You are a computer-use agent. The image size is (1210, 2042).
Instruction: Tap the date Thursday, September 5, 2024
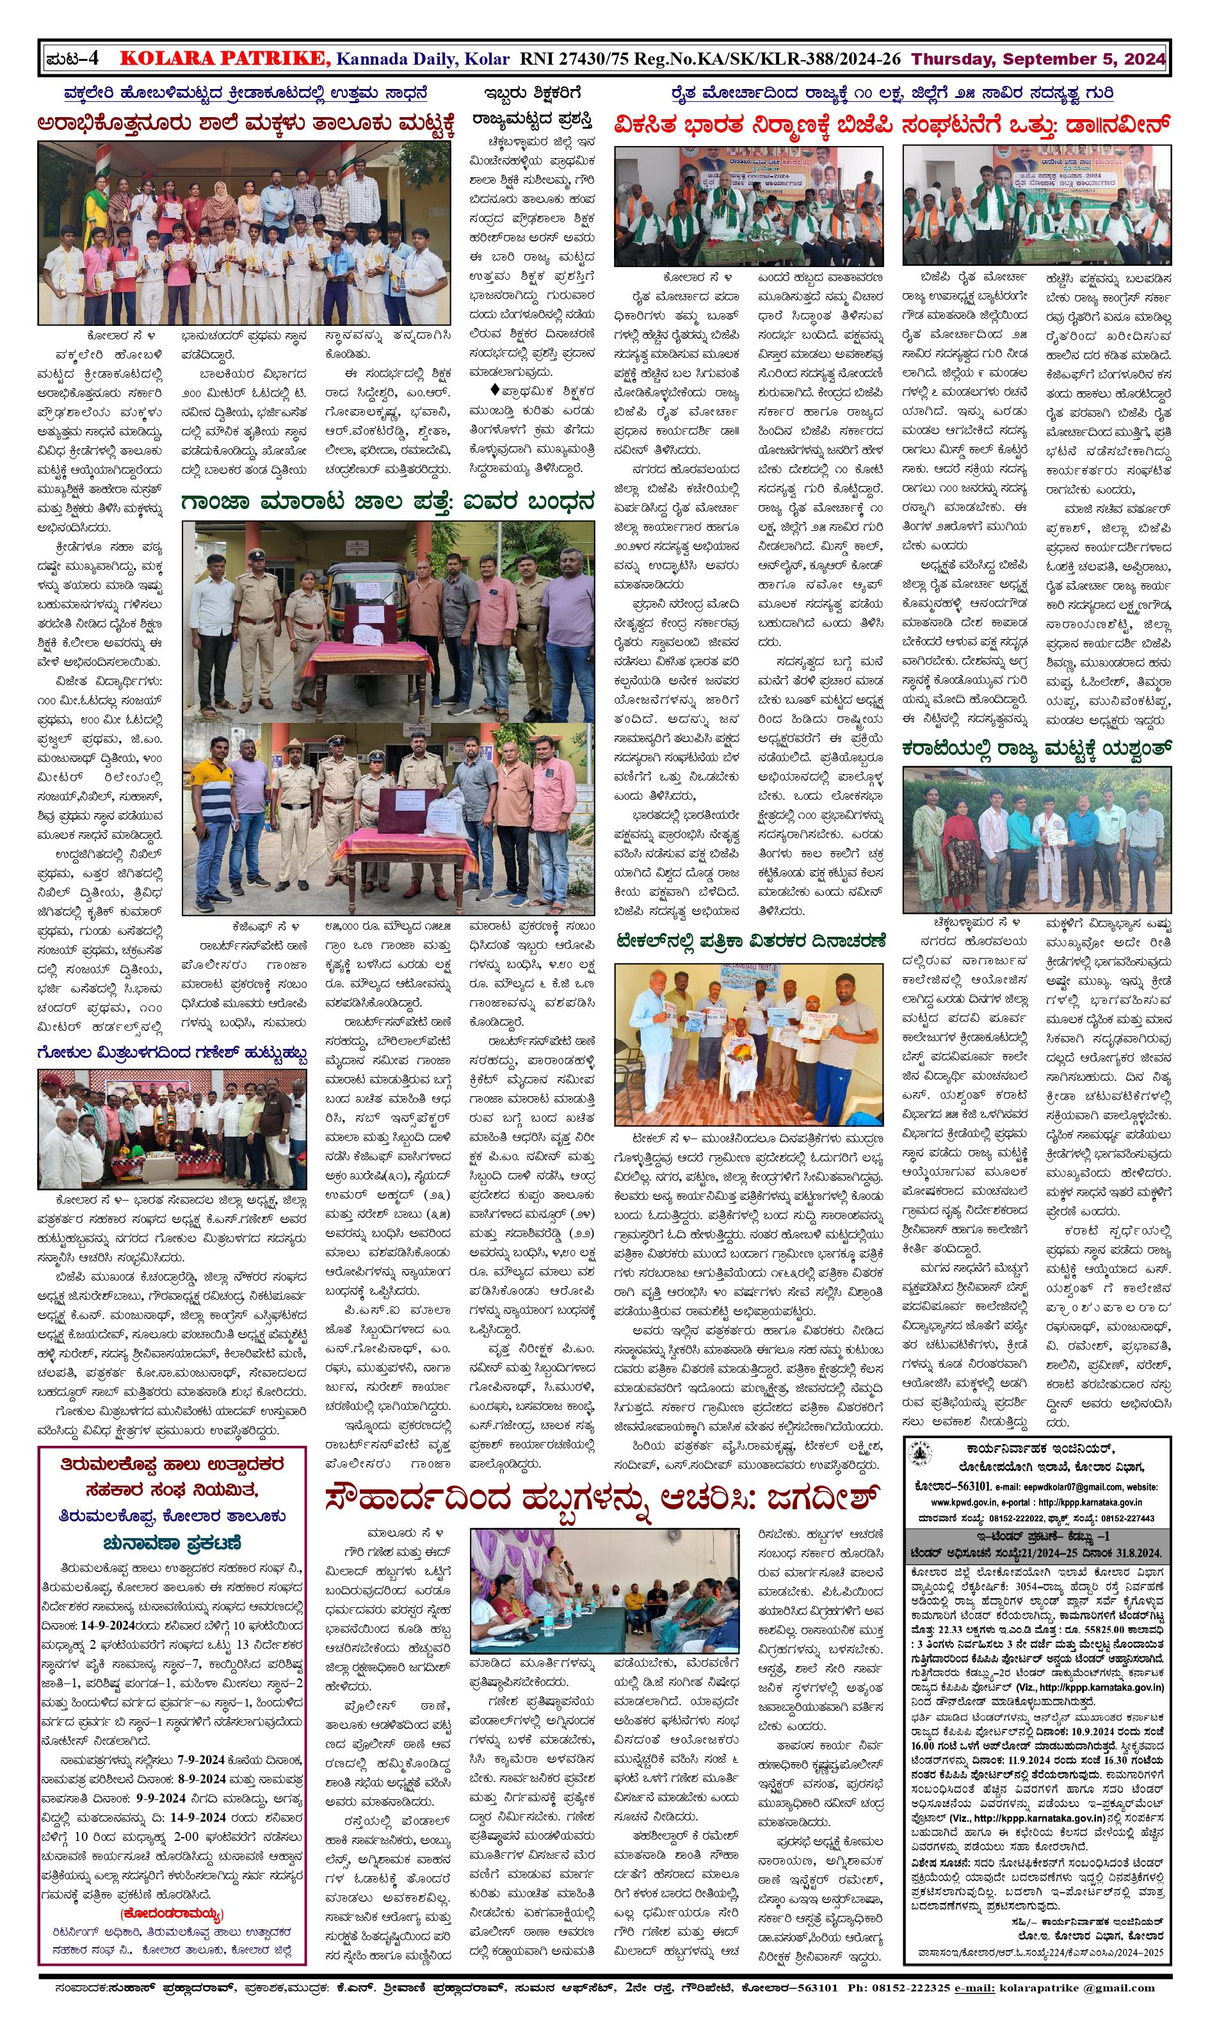point(1038,59)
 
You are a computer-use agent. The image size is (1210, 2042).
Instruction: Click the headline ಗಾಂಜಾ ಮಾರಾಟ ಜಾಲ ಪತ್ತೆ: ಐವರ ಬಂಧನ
point(387,501)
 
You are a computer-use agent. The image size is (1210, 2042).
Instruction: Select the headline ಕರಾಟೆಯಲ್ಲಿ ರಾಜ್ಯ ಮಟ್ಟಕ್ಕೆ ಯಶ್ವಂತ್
point(1037,748)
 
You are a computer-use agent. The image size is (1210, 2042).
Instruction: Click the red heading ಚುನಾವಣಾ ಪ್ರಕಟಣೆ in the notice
point(172,1543)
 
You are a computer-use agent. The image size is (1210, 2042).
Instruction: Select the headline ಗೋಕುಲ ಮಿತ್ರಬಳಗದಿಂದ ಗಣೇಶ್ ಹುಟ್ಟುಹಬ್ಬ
point(172,1055)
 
